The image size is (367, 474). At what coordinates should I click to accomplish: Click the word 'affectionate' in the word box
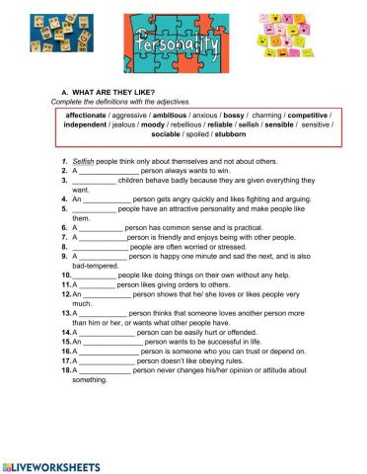87,115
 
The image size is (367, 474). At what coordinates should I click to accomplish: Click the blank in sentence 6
101,227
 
